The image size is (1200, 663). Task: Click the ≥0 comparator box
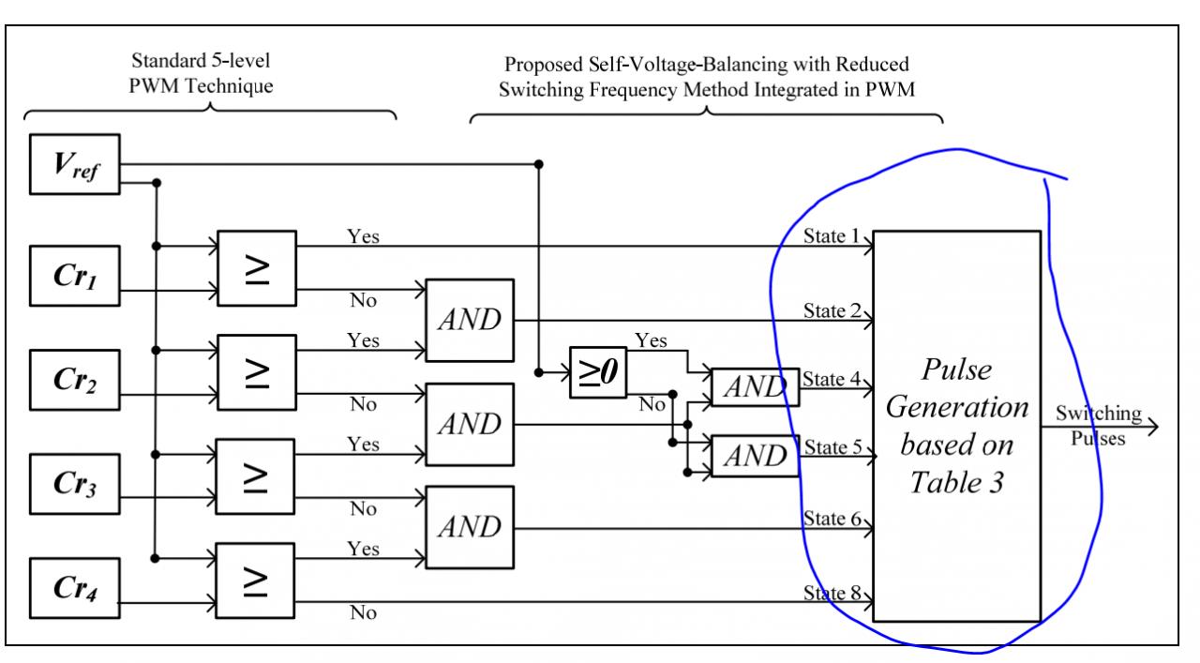click(x=598, y=372)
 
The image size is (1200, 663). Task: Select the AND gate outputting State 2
click(x=469, y=319)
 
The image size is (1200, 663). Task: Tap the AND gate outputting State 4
click(x=755, y=386)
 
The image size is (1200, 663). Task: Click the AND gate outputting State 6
click(x=469, y=528)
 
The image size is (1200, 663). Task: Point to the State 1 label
click(x=832, y=235)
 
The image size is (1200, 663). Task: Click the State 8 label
click(x=832, y=592)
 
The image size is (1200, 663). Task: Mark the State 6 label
click(x=832, y=517)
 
